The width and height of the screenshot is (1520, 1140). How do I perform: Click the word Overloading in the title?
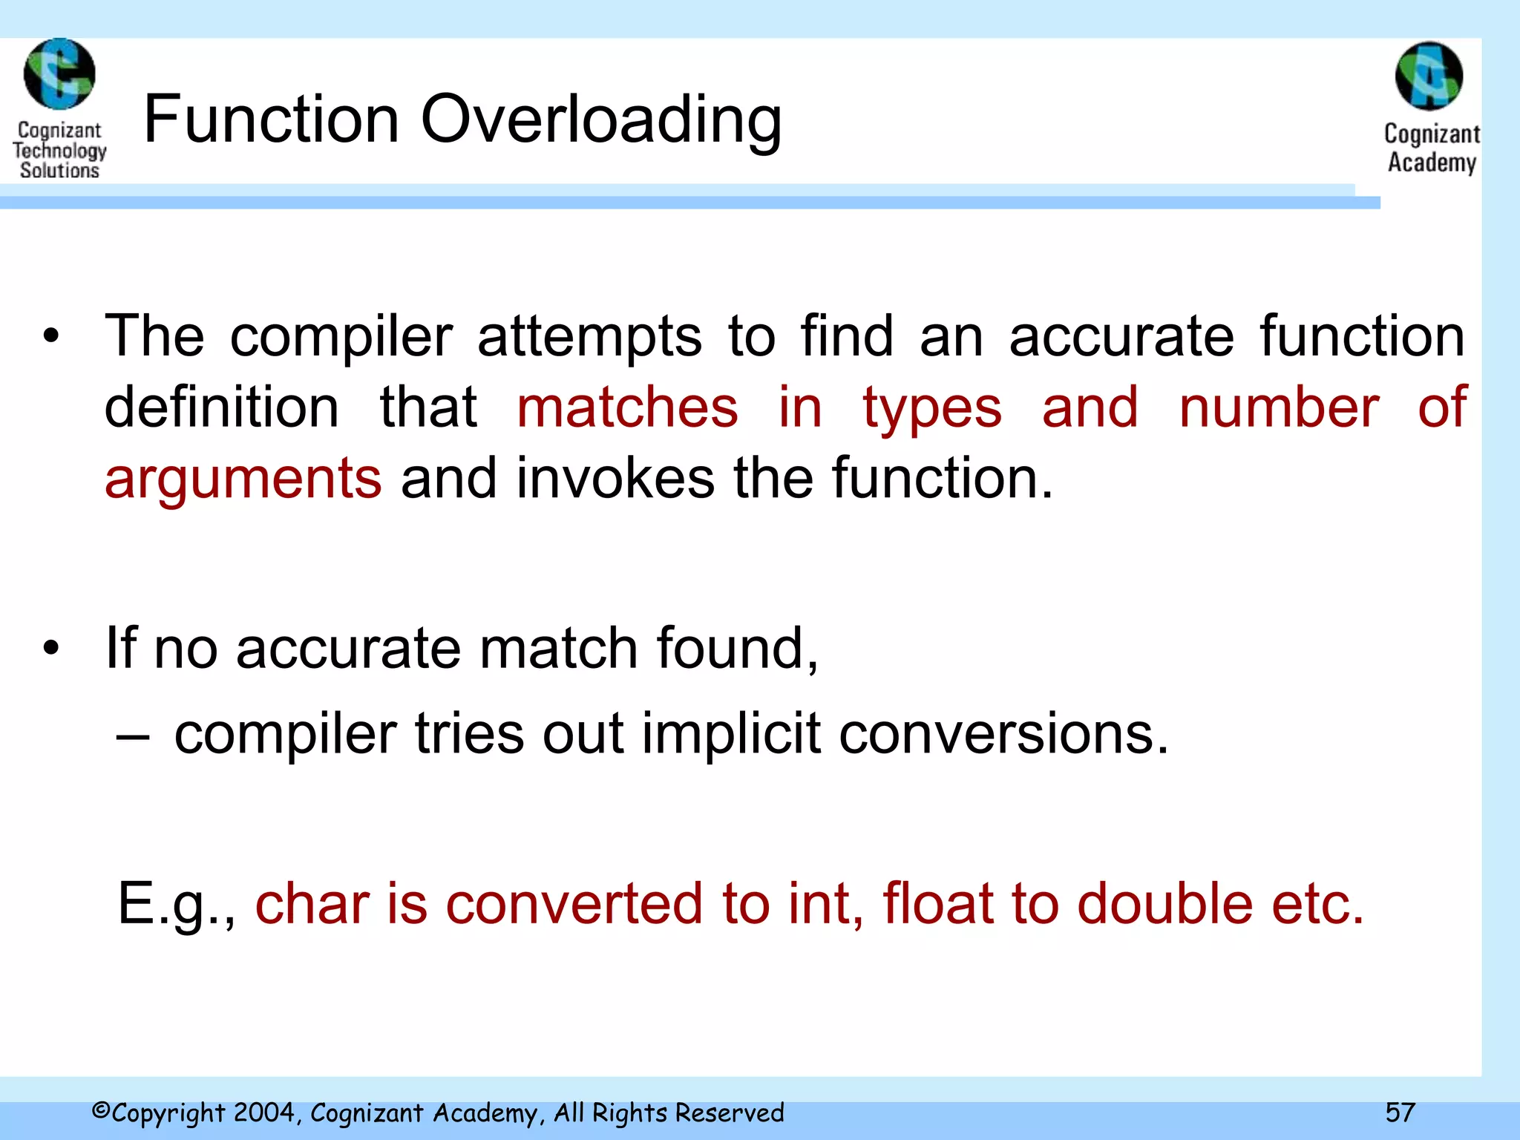[601, 120]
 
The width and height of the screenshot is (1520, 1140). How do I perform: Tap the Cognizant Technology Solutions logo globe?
[59, 74]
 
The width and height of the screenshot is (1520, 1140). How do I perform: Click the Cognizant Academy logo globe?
[1429, 76]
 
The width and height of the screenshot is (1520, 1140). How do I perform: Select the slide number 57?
[1400, 1113]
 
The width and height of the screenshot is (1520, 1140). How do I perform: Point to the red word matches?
[627, 408]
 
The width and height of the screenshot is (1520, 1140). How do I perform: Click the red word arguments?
[243, 479]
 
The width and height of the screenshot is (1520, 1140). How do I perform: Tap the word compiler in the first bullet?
[341, 337]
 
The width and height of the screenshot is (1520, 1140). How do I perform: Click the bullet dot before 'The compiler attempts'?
[50, 337]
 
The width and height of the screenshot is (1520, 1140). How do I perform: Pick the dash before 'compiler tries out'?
[133, 736]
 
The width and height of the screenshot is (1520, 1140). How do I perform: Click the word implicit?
[731, 734]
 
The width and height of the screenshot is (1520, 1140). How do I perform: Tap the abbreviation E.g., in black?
[177, 904]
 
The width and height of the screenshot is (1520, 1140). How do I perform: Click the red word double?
[1164, 904]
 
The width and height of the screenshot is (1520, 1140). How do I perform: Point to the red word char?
[312, 904]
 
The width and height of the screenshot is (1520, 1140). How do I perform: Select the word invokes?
[615, 479]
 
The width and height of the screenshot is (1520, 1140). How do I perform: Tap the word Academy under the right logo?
[1432, 163]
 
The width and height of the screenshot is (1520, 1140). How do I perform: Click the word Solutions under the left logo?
[59, 171]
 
